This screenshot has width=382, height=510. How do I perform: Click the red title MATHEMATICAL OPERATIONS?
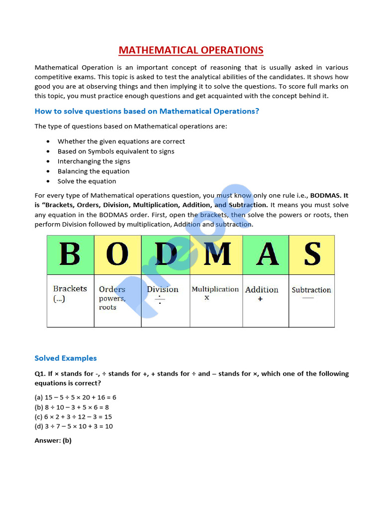pos(191,50)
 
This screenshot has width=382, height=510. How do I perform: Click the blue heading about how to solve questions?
pos(147,111)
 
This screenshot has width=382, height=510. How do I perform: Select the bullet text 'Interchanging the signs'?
pos(94,161)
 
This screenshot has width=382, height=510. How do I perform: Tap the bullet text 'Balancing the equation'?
pos(94,171)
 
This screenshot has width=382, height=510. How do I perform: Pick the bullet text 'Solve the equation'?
pos(87,181)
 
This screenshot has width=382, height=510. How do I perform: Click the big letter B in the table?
pos(70,255)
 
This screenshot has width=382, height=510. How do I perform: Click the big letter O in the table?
pos(117,255)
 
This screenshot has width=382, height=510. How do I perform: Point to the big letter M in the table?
pos(216,255)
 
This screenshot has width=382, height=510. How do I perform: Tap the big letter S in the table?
pos(312,255)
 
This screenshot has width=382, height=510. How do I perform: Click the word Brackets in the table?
pos(70,289)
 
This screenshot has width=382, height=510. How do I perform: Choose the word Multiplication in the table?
pos(215,289)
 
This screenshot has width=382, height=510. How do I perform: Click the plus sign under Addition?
pos(260,299)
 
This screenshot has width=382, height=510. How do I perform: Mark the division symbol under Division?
pos(160,300)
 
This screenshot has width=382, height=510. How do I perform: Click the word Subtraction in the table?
pos(311,290)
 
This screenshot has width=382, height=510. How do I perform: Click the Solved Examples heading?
pos(66,358)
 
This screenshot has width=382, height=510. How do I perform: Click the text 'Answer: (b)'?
pos(53,441)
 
